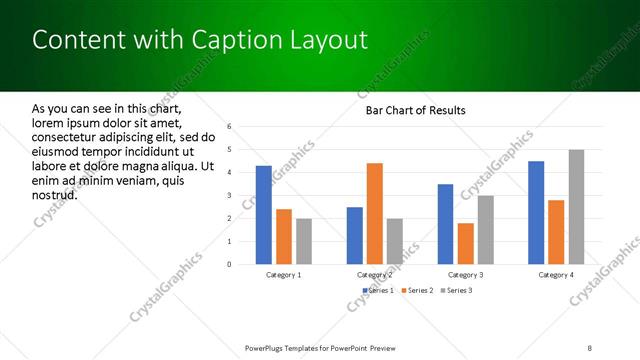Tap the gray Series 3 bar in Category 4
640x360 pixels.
(577, 207)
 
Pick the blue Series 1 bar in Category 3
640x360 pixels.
(445, 224)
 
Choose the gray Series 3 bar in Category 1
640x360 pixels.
(304, 241)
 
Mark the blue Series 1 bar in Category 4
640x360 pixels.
(536, 212)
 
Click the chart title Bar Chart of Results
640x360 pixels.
(415, 110)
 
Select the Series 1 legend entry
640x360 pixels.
(378, 290)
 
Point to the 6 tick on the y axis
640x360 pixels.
(230, 127)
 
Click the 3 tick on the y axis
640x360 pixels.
(230, 195)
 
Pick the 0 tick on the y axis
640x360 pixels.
(230, 264)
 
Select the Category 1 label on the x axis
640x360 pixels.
(284, 274)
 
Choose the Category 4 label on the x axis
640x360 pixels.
(556, 274)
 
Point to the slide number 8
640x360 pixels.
(590, 347)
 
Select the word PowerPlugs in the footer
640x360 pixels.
(267, 347)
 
